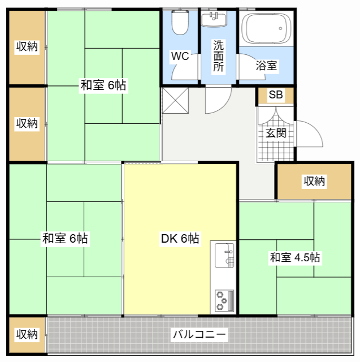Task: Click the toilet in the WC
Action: (180, 23)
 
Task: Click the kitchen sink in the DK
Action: (224, 255)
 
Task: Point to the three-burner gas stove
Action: (224, 300)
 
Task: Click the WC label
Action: (180, 56)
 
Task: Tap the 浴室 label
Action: (266, 66)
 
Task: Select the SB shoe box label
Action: (276, 94)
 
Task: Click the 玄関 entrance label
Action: (276, 133)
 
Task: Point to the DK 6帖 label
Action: (180, 238)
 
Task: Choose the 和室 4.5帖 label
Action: (295, 257)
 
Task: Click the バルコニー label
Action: (199, 334)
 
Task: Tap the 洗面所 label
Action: (218, 56)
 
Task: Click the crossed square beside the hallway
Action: (176, 101)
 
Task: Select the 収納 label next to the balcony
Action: (27, 334)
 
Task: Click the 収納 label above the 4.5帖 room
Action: (314, 181)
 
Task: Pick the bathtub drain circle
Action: (280, 29)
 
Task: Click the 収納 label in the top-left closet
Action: (27, 47)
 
